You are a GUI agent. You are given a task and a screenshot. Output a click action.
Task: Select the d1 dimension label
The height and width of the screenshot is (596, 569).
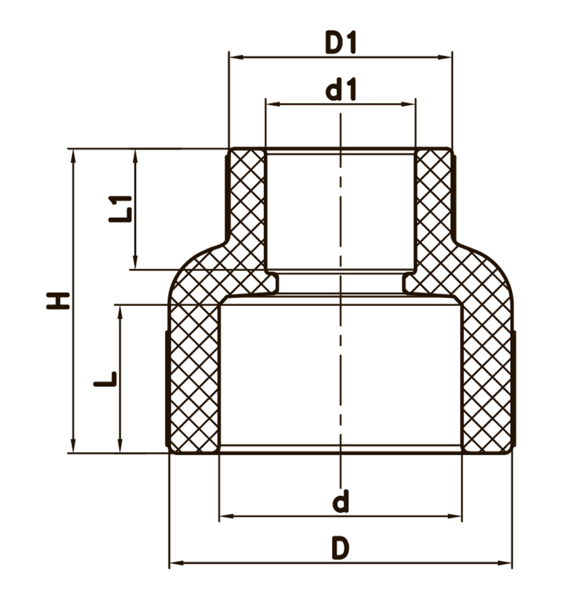[340, 90]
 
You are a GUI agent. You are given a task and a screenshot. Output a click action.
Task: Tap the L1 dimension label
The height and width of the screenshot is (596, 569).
[120, 209]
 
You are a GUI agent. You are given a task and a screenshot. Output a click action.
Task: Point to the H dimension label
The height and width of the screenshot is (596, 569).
[58, 301]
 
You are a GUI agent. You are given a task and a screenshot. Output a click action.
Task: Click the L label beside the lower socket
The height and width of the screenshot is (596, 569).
[105, 379]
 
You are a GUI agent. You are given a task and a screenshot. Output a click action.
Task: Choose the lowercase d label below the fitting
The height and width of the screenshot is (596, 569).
[341, 502]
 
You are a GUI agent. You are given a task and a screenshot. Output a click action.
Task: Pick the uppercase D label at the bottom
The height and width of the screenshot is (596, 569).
[340, 548]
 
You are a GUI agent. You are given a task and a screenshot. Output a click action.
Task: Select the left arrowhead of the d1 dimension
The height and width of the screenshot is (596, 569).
[273, 104]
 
